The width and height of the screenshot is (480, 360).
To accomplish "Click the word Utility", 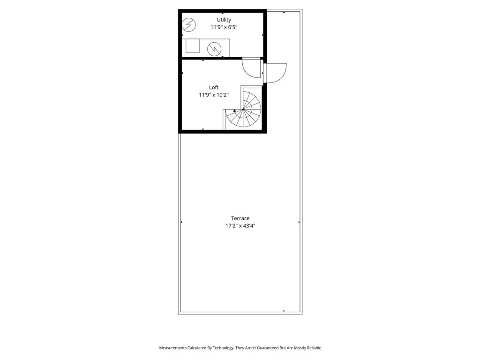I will [224, 20].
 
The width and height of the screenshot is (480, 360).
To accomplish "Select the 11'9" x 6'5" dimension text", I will [224, 27].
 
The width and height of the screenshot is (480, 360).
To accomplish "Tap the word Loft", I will [214, 87].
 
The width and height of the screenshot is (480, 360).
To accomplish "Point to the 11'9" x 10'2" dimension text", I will [214, 95].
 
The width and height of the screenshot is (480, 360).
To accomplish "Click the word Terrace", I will [240, 218].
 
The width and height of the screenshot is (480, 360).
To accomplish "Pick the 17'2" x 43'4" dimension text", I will [240, 225].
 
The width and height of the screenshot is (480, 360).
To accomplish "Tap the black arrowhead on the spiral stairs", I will [234, 111].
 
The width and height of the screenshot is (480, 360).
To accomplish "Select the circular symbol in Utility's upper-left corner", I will [188, 24].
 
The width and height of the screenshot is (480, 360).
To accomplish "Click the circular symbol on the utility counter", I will [214, 48].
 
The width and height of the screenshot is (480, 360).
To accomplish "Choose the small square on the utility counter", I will [193, 46].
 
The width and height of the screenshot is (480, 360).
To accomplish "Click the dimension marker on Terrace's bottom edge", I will [284, 311].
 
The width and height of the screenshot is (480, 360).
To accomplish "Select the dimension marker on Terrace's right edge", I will [299, 222].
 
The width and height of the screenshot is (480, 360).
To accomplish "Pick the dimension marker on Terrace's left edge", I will [181, 222].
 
